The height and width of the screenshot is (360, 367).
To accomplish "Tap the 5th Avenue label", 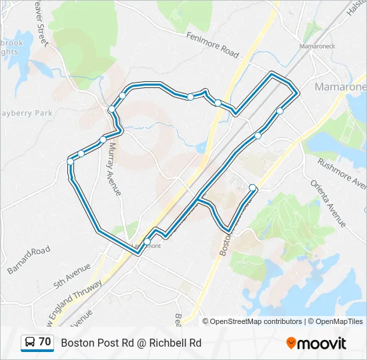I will (x=73, y=274).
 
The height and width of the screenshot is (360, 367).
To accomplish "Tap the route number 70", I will (x=45, y=342).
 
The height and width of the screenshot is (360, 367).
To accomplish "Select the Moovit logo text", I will (x=322, y=343).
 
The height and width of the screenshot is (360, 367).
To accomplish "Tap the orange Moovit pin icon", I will (x=291, y=343).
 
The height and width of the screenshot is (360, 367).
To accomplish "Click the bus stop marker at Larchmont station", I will (x=147, y=241).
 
